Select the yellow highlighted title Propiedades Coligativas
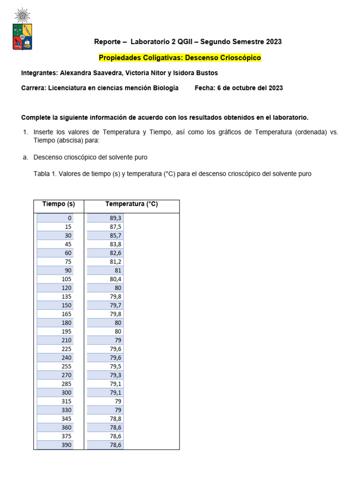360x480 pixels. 180,58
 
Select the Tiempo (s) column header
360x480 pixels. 59,204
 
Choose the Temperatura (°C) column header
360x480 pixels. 131,204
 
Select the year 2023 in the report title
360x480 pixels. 274,42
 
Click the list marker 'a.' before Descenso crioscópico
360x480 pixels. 25,157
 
